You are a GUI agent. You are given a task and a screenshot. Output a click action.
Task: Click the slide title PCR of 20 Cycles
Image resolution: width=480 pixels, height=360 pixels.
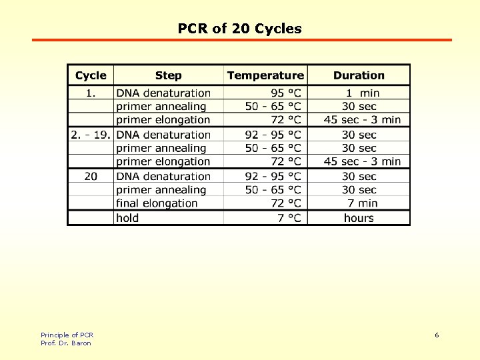[239, 29]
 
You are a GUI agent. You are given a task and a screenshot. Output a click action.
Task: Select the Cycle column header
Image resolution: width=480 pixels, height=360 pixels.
[91, 75]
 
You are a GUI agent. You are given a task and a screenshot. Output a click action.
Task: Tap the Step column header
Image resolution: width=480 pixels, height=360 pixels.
[168, 75]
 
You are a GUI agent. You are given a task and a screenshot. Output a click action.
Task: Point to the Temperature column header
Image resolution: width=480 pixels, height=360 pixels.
[265, 75]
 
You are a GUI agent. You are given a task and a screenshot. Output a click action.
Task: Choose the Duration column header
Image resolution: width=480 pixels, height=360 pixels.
[359, 75]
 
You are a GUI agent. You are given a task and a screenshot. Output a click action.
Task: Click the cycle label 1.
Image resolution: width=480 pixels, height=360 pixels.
[91, 93]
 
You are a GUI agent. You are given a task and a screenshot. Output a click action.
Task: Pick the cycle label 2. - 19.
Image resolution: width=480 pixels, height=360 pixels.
[90, 135]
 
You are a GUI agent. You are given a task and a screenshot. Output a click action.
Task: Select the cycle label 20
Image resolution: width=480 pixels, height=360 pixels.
[91, 176]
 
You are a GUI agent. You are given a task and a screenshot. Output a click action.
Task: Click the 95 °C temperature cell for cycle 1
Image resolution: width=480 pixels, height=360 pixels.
[286, 93]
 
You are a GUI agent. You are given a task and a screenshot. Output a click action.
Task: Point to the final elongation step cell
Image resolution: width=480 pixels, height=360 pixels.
[157, 203]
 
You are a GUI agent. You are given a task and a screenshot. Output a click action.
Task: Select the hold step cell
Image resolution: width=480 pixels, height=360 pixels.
[127, 218]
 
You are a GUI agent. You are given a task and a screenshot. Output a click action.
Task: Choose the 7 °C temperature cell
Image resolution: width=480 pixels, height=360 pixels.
[290, 218]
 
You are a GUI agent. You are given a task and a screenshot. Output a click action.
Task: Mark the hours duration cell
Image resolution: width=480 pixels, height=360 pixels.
[359, 218]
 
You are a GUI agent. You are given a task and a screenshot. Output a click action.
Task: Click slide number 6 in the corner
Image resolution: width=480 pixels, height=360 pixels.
[437, 335]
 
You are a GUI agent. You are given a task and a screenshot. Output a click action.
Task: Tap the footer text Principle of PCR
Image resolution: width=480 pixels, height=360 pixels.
[67, 335]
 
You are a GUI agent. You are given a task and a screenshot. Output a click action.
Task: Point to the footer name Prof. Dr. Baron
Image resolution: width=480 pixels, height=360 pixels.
[65, 343]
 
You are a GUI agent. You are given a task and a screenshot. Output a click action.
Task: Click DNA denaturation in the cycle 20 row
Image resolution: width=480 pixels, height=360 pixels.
[163, 176]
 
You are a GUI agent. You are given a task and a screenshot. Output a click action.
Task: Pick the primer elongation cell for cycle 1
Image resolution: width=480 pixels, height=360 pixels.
[163, 120]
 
